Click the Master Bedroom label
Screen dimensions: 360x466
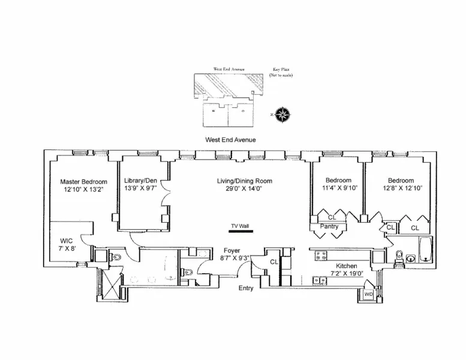(83, 182)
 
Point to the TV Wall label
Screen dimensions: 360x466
(239, 226)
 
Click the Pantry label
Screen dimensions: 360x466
(329, 227)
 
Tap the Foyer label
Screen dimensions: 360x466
(232, 251)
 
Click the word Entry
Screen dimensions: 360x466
(246, 288)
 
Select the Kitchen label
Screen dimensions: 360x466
(346, 266)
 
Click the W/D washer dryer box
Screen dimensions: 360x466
(368, 294)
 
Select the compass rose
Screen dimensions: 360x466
(281, 114)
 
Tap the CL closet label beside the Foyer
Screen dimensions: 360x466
(274, 262)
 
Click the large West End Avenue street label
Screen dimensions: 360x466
(230, 140)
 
